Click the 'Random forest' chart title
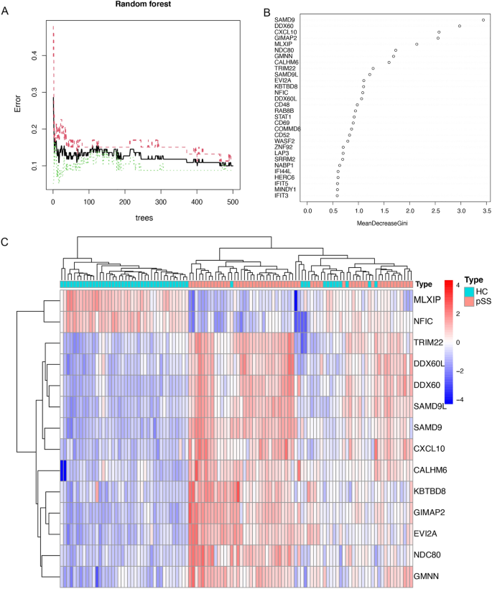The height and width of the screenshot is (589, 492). [x=142, y=4]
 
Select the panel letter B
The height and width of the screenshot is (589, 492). [x=266, y=12]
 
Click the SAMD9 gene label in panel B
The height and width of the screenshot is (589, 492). [x=284, y=20]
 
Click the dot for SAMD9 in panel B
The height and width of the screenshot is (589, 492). [x=483, y=20]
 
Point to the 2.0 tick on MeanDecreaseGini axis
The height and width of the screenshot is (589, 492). [x=410, y=212]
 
